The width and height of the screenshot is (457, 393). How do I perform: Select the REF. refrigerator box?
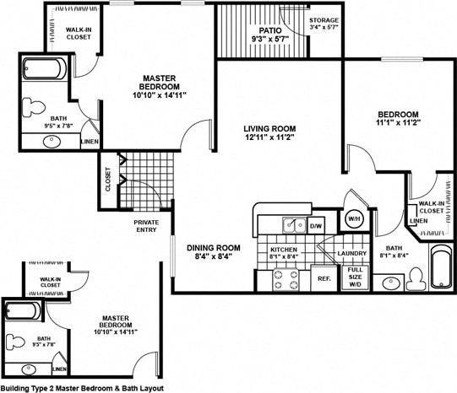point(323,277)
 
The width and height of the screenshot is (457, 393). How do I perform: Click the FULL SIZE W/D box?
point(355,277)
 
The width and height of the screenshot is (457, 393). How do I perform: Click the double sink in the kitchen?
point(293,225)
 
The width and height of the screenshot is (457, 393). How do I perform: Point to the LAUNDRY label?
point(351,253)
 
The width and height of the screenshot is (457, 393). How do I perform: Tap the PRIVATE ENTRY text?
point(146,226)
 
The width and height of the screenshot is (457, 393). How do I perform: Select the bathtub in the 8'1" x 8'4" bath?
point(440,269)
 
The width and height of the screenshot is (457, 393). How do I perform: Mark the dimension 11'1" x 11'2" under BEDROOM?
point(396,124)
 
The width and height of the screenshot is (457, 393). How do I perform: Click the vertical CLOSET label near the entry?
point(108,182)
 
